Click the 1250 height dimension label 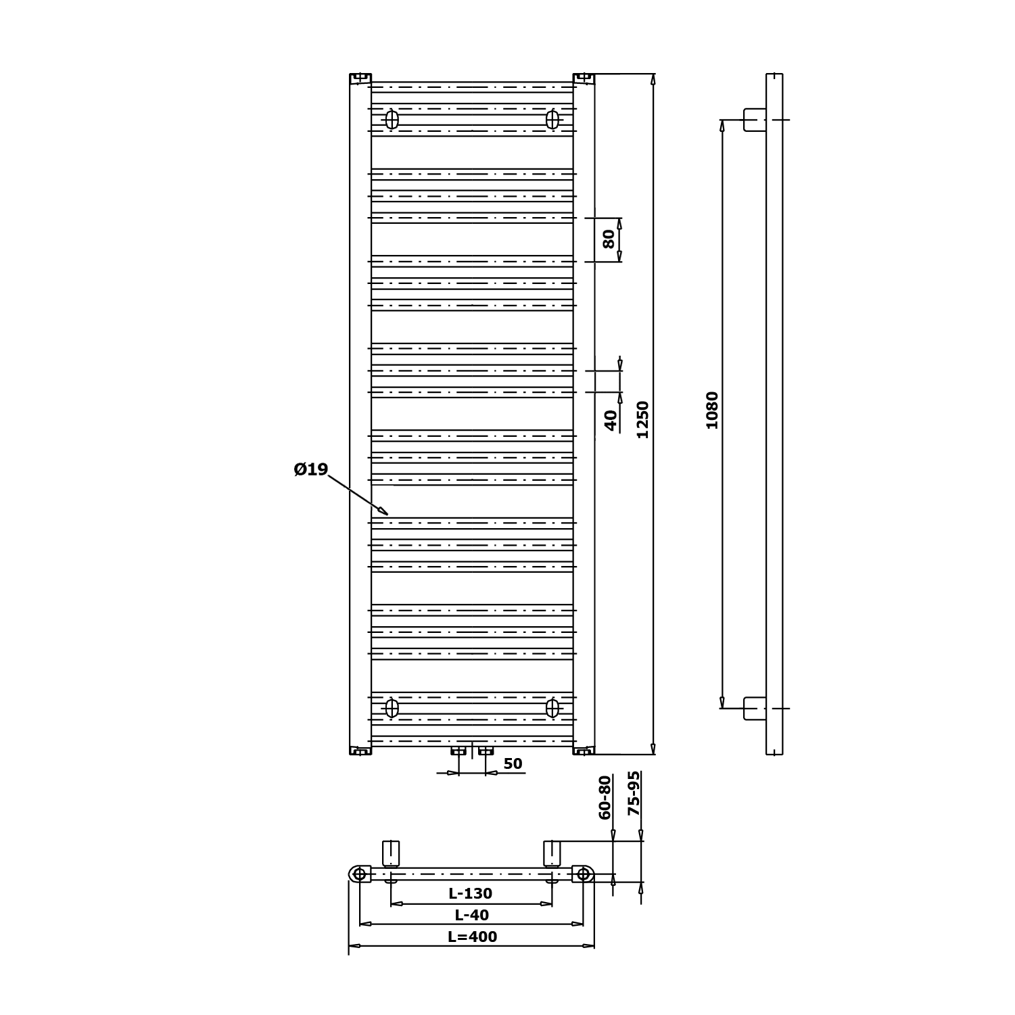point(642,419)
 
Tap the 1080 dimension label point(712,410)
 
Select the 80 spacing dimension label point(609,239)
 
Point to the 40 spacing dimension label point(611,421)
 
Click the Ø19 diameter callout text point(311,469)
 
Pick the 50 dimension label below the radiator point(513,763)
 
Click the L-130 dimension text point(471,893)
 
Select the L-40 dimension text point(472,915)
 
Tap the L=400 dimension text point(473,937)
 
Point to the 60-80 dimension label point(605,797)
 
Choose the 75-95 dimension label point(634,793)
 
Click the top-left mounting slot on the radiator point(392,120)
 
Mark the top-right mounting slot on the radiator point(552,120)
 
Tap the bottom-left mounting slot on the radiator point(392,708)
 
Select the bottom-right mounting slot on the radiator point(552,708)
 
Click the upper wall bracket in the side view point(755,120)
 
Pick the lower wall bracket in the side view point(755,708)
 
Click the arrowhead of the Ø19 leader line point(383,511)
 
